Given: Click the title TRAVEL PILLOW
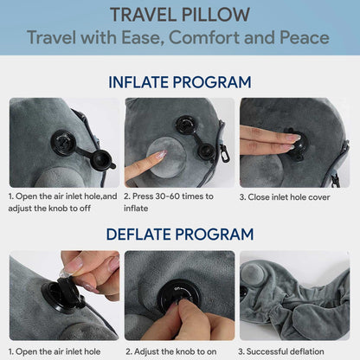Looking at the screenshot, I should pos(179,15).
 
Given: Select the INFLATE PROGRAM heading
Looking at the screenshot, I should pos(179,83).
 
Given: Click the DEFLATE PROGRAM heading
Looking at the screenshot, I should pos(179,234).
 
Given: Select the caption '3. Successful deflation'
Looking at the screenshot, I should pos(287,350).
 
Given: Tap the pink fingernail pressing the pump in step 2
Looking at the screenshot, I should pos(159,156).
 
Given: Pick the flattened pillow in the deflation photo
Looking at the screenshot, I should pos(294,303).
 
